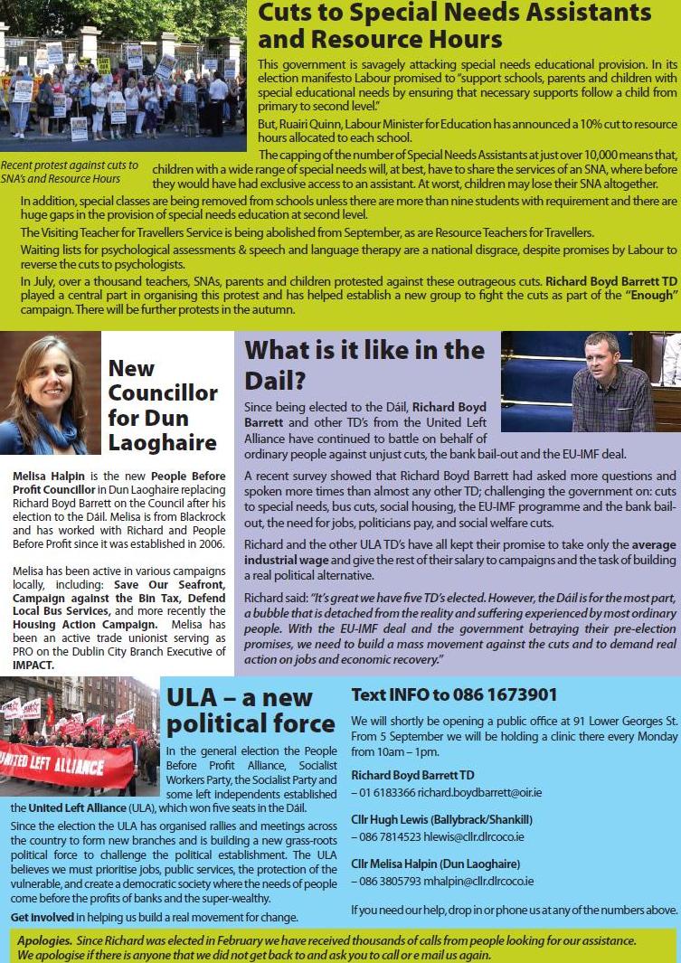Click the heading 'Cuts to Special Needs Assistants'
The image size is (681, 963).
pyautogui.click(x=454, y=14)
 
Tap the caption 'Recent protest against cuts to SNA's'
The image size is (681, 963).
pyautogui.click(x=70, y=165)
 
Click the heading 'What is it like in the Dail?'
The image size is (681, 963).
pyautogui.click(x=364, y=363)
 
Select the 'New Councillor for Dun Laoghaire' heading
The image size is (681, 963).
pyautogui.click(x=162, y=405)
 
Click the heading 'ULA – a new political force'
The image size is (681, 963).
pyautogui.click(x=250, y=711)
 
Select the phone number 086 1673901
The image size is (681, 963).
pyautogui.click(x=500, y=695)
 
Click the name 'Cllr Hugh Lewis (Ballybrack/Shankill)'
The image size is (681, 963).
pyautogui.click(x=441, y=820)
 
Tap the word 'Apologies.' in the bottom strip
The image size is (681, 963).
pyautogui.click(x=44, y=940)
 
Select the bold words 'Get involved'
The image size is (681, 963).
pyautogui.click(x=41, y=917)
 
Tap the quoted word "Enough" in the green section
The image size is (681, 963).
pyautogui.click(x=651, y=296)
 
